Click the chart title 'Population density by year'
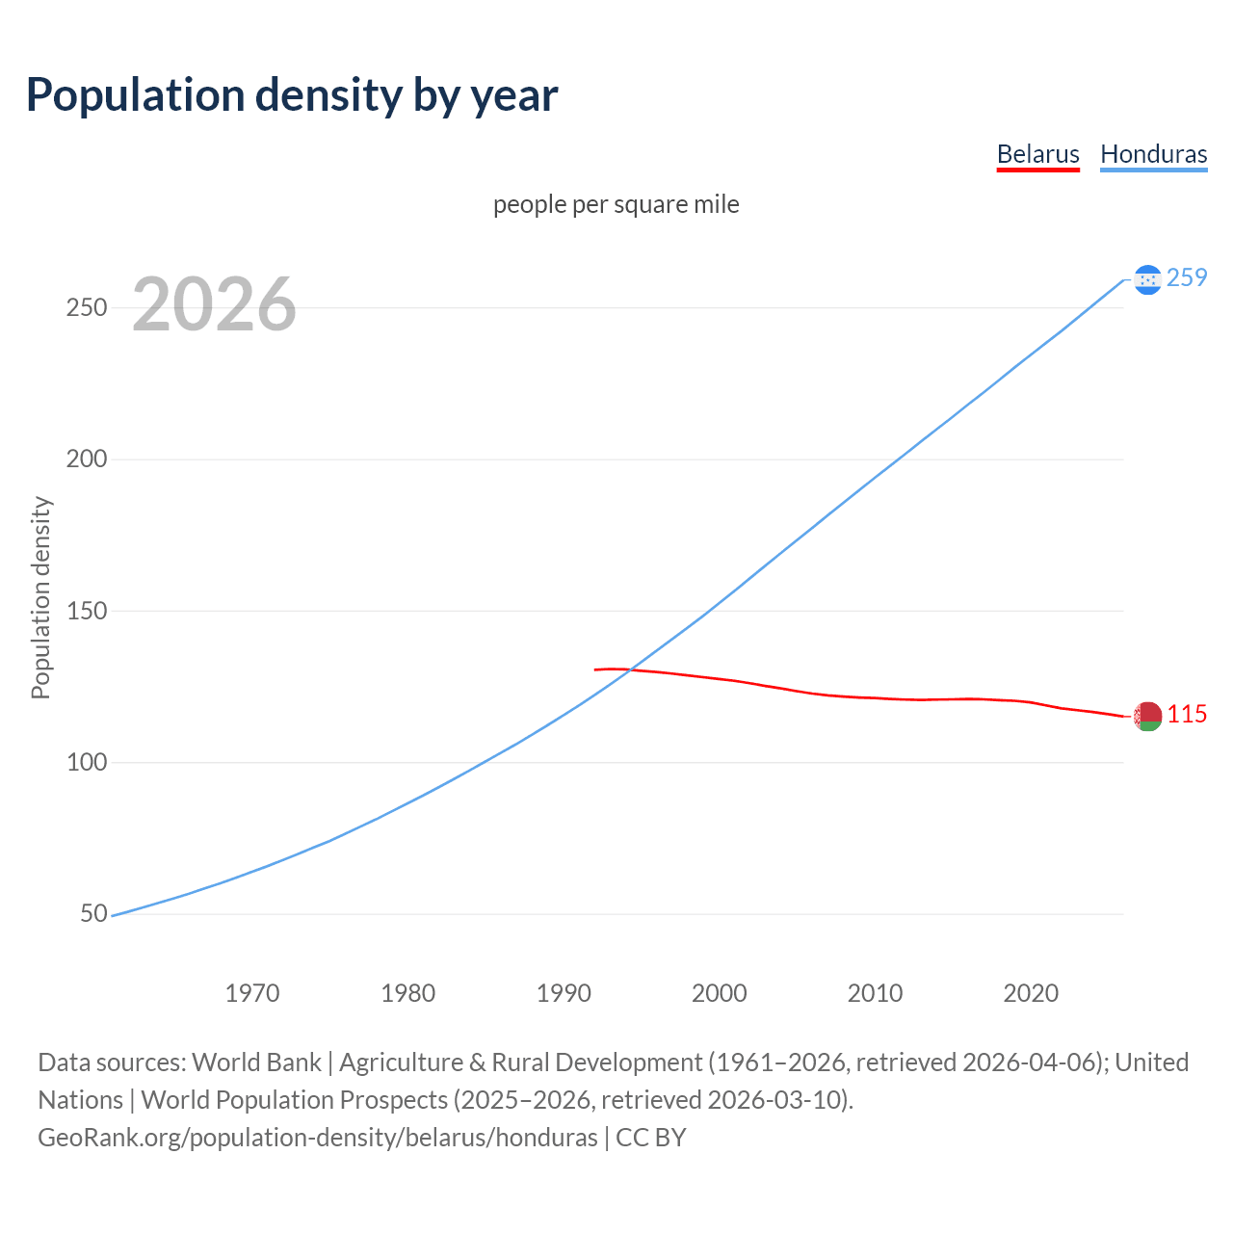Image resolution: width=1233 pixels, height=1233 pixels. click(292, 95)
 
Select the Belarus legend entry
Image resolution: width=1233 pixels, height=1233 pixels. click(1037, 154)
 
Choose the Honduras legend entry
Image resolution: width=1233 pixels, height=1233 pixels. click(1153, 154)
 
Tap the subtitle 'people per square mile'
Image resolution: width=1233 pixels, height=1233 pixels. click(616, 205)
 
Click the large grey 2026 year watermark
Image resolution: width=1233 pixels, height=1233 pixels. click(214, 304)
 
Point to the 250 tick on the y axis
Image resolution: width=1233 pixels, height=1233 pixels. click(86, 308)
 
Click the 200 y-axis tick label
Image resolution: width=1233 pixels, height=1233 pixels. click(86, 459)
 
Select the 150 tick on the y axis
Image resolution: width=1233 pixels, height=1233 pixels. click(86, 611)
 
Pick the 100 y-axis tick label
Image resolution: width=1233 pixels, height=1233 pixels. click(86, 762)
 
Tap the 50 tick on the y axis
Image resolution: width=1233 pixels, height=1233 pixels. click(93, 913)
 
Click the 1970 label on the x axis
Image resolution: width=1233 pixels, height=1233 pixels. click(252, 993)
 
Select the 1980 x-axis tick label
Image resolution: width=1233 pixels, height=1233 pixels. click(408, 993)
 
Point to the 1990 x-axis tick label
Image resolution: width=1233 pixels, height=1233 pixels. click(564, 993)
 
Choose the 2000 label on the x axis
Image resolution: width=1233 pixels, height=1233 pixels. click(720, 993)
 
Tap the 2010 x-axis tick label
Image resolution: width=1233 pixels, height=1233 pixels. click(875, 993)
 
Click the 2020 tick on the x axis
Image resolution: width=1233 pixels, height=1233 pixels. click(1031, 993)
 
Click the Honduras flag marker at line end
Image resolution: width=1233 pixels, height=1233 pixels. click(1147, 279)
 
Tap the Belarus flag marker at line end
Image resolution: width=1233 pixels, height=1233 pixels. click(1147, 716)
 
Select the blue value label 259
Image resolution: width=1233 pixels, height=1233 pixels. click(1187, 278)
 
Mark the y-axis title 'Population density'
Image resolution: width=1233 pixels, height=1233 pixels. click(40, 597)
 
